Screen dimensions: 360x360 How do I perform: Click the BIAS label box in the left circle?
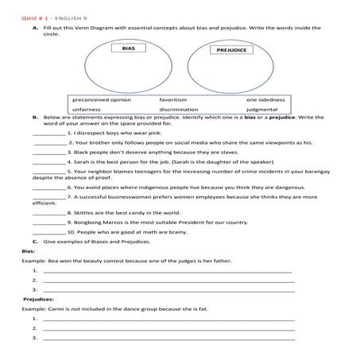[129, 48]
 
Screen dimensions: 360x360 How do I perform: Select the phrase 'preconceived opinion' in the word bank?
[101, 100]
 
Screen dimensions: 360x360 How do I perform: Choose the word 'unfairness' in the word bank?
[87, 110]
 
